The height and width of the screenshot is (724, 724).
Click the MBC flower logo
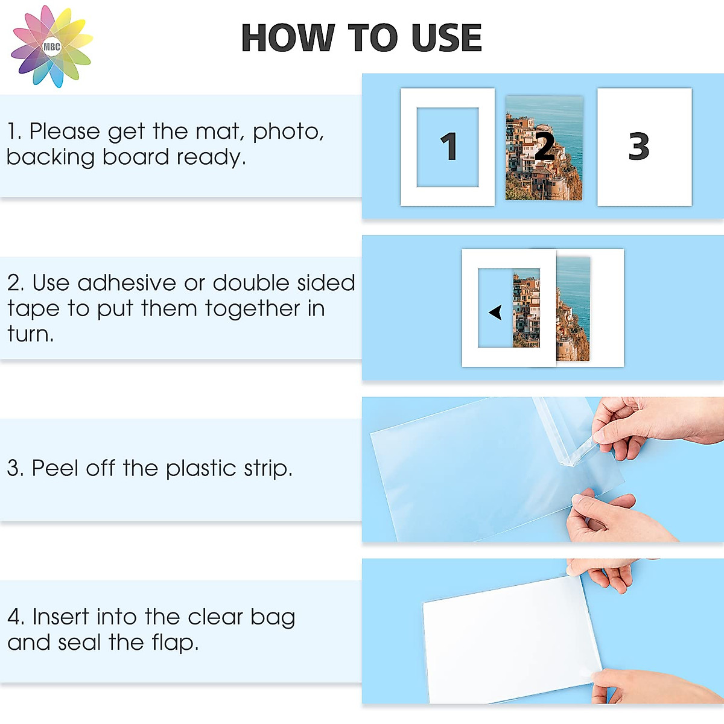(52, 46)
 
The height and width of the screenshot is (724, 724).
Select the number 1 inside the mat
(448, 147)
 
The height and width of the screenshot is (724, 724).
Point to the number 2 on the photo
(544, 147)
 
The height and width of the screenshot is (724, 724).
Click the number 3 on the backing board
(639, 147)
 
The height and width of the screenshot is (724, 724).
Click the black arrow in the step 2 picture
(496, 312)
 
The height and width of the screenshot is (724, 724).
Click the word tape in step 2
(33, 309)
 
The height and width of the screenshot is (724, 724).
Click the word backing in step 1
(51, 157)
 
